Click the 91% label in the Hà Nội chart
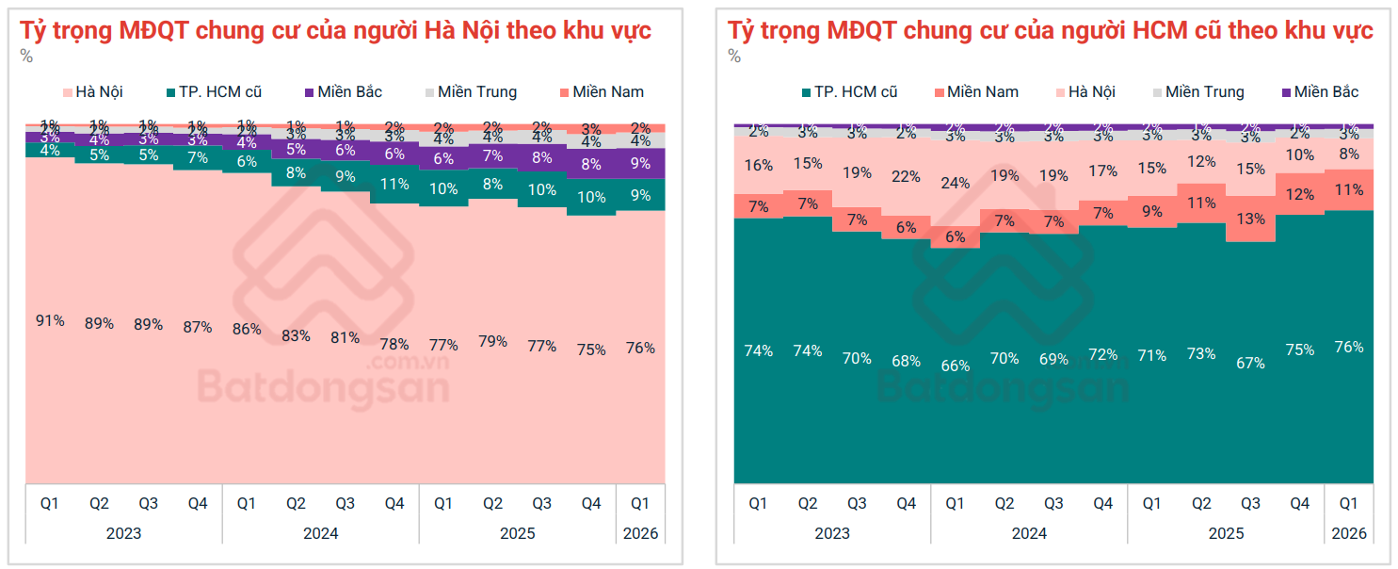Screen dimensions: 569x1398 pos(50,320)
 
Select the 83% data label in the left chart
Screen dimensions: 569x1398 pos(296,335)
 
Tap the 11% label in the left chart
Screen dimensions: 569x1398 pos(394,185)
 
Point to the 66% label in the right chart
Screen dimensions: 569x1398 pos(955,366)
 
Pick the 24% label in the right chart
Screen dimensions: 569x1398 pos(955,183)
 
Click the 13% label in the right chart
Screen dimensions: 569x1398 pos(1250,219)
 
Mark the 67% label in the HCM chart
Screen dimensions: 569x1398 pos(1250,363)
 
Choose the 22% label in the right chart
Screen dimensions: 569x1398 pos(906,176)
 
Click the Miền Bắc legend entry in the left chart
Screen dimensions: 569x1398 pos(343,92)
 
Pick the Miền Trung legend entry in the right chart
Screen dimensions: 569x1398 pos(1196,92)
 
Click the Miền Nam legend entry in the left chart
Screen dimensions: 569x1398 pos(600,92)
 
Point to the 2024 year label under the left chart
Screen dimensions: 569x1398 pos(320,533)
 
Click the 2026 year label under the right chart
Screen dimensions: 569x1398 pos(1348,533)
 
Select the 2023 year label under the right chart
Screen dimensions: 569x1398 pos(831,533)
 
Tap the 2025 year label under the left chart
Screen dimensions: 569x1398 pos(517,533)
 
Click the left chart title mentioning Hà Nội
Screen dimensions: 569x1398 pos(335,30)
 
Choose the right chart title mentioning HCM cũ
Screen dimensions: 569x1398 pos(1050,30)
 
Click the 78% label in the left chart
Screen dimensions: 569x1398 pos(394,344)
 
